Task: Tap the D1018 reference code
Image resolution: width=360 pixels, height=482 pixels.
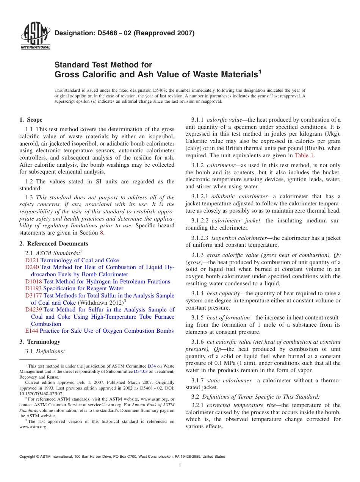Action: pyautogui.click(x=33, y=282)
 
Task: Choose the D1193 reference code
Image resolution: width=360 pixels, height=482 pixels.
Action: pyautogui.click(x=33, y=288)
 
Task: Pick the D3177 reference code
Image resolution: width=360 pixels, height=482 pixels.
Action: pyautogui.click(x=33, y=296)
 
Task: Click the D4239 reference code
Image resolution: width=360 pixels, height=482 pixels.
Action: pyautogui.click(x=33, y=310)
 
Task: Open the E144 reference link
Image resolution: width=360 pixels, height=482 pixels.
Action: pyautogui.click(x=31, y=331)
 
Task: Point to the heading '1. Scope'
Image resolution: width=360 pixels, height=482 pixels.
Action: pyautogui.click(x=31, y=120)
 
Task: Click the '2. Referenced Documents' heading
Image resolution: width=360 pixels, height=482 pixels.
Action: pyautogui.click(x=53, y=244)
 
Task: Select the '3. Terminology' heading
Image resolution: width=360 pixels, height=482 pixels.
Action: pyautogui.click(x=40, y=342)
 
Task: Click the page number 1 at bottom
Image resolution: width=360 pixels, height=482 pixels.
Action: pyautogui.click(x=180, y=466)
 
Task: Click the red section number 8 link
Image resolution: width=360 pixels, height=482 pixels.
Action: pyautogui.click(x=101, y=233)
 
